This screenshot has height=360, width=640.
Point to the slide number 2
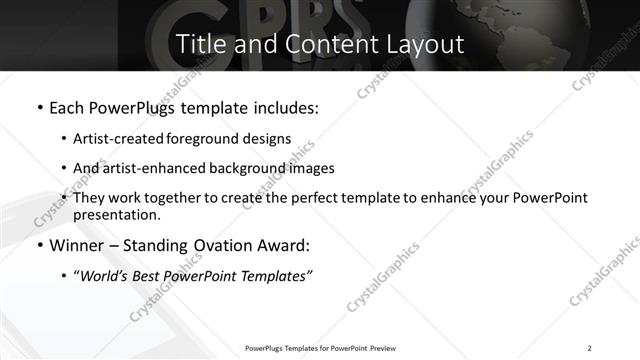590,348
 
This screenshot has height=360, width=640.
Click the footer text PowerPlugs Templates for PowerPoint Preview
320,348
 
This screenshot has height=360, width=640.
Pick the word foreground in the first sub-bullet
211,139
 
